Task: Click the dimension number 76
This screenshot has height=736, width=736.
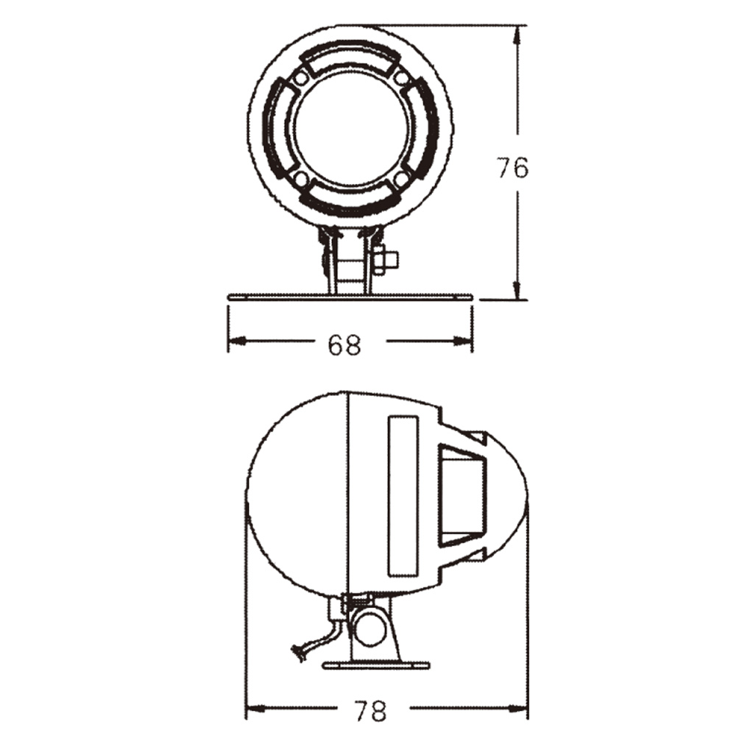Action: pyautogui.click(x=512, y=169)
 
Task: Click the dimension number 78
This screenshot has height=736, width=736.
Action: pyautogui.click(x=369, y=710)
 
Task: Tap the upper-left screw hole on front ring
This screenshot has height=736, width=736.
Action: pyautogui.click(x=301, y=78)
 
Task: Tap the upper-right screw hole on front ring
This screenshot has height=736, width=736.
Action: pyautogui.click(x=401, y=78)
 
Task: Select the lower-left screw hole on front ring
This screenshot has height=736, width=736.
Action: pyautogui.click(x=301, y=178)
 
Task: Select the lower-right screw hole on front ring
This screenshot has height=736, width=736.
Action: pyautogui.click(x=401, y=178)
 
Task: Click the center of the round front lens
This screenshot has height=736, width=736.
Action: pyautogui.click(x=351, y=128)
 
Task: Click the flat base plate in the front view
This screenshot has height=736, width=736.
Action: pyautogui.click(x=350, y=297)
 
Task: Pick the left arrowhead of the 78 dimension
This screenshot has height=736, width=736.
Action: pyautogui.click(x=252, y=710)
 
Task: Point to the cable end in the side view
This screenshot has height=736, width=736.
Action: pyautogui.click(x=298, y=651)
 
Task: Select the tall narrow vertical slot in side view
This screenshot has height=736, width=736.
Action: pyautogui.click(x=403, y=498)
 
